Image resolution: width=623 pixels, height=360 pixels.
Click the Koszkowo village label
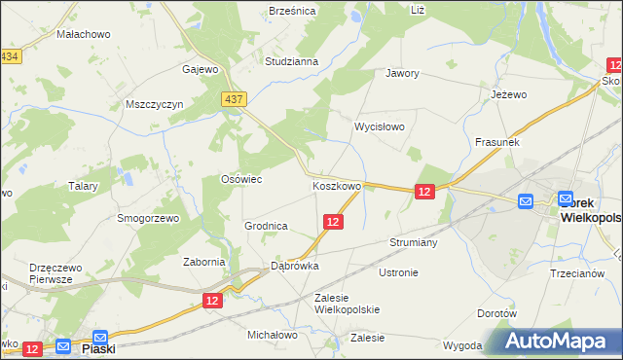coord(337,185)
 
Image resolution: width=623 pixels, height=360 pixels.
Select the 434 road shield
coord(10,57)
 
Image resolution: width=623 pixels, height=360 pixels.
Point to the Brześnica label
coord(292,11)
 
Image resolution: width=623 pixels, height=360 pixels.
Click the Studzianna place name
coord(292,61)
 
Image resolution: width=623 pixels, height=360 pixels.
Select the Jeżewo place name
coord(508,94)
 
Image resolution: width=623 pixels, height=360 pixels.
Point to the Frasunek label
coord(497,142)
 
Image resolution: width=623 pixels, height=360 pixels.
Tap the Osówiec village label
coord(241,179)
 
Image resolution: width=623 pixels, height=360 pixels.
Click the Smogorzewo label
coord(149,219)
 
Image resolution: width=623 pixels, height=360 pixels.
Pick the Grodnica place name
coord(266,226)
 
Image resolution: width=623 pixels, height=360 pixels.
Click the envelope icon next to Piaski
coord(64,345)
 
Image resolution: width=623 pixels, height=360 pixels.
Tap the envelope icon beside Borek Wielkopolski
coord(526,201)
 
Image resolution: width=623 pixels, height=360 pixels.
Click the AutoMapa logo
coord(556,342)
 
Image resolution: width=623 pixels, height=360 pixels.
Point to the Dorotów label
coord(496,313)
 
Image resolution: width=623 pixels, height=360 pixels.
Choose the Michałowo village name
coord(272,335)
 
